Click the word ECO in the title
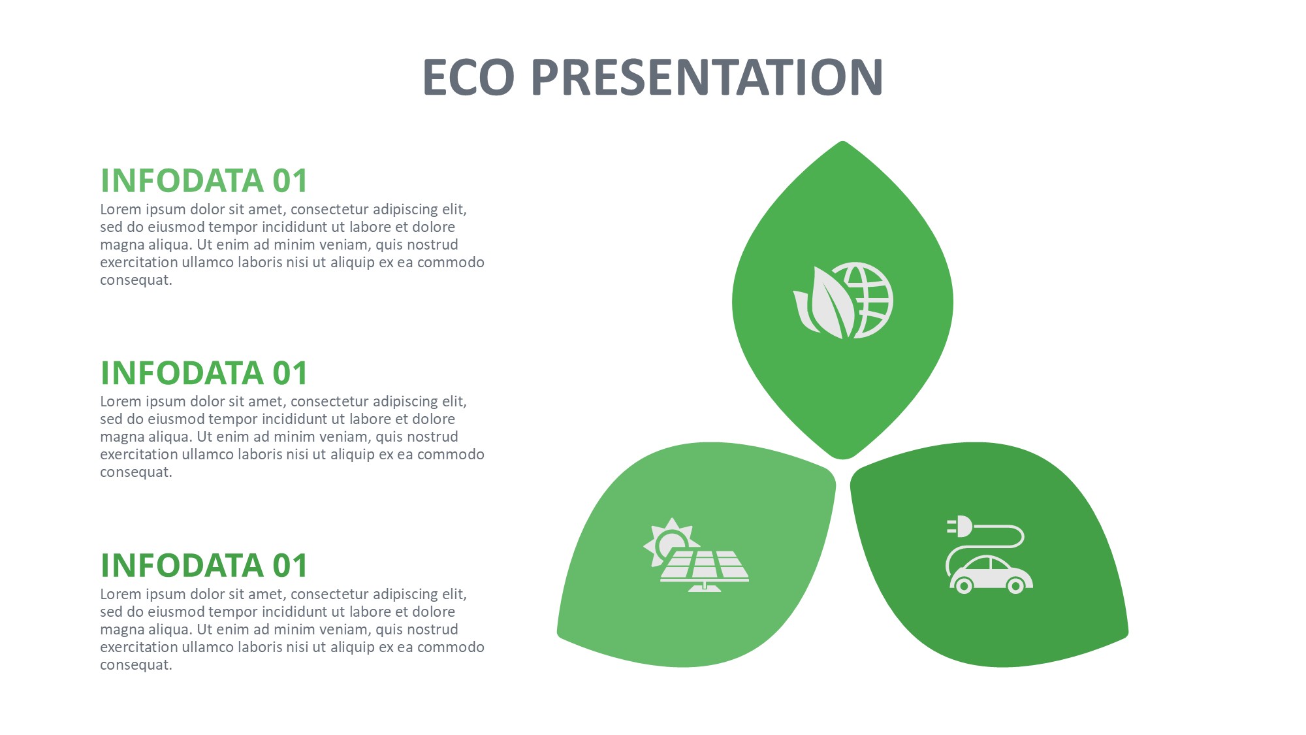click(468, 77)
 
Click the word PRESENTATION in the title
click(708, 77)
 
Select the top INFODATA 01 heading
click(204, 181)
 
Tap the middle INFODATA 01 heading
click(204, 373)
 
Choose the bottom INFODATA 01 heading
click(204, 566)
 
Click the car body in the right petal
click(991, 574)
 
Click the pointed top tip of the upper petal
click(843, 141)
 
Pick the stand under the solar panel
click(705, 587)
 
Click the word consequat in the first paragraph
click(136, 280)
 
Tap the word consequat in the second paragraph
click(136, 472)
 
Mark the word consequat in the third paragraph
click(136, 665)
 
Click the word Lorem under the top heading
click(121, 210)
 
